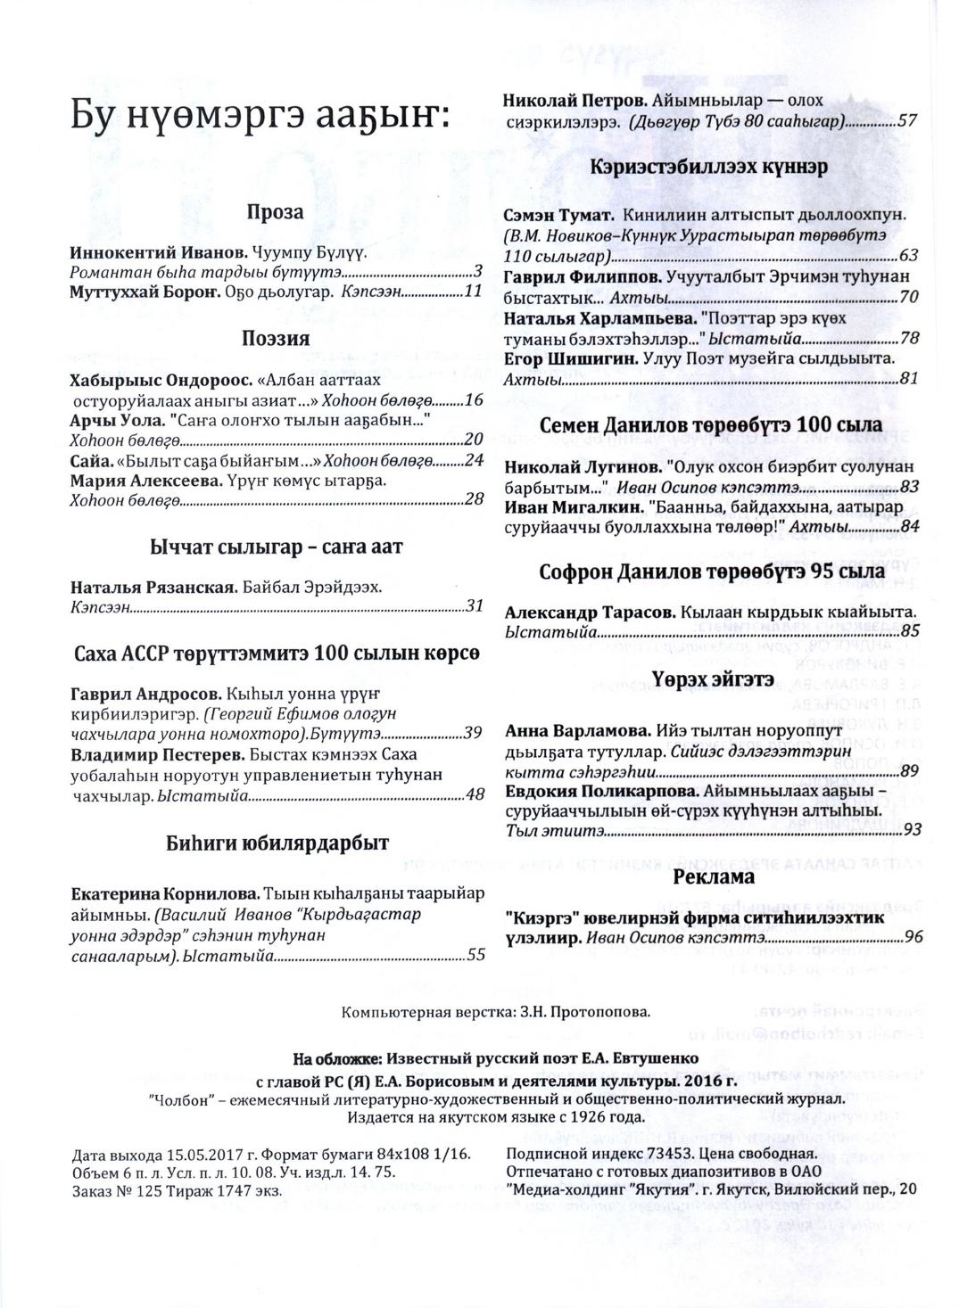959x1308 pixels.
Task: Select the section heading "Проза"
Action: (x=275, y=212)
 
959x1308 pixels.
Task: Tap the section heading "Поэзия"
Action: (x=275, y=340)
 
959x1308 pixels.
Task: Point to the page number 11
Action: (x=473, y=291)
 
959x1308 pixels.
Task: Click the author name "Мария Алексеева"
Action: (x=145, y=481)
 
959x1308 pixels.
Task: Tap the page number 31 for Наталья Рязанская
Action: (x=474, y=606)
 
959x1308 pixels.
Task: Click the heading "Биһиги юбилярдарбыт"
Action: (x=276, y=843)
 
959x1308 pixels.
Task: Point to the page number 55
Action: (x=475, y=954)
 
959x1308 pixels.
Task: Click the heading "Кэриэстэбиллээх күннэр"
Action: (x=708, y=167)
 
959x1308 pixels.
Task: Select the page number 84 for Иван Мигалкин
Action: (x=909, y=526)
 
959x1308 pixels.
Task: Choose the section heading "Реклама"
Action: (x=714, y=876)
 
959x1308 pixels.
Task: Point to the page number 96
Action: (x=912, y=936)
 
